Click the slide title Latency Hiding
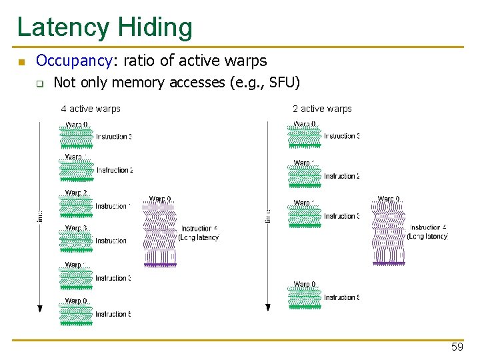(105, 28)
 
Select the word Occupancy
(73, 61)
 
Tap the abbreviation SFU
(283, 83)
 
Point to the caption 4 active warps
(91, 109)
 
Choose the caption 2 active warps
(322, 109)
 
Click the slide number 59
(457, 347)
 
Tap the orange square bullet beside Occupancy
(21, 63)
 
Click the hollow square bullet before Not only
(40, 84)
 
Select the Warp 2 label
(76, 193)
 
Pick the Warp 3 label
(76, 229)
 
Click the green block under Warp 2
(76, 207)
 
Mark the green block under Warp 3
(76, 242)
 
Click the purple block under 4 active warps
(160, 233)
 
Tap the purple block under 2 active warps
(388, 233)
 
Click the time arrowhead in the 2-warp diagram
(268, 307)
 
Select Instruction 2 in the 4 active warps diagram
(114, 171)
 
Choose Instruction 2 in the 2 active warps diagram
(342, 177)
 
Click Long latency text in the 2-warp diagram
(427, 237)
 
